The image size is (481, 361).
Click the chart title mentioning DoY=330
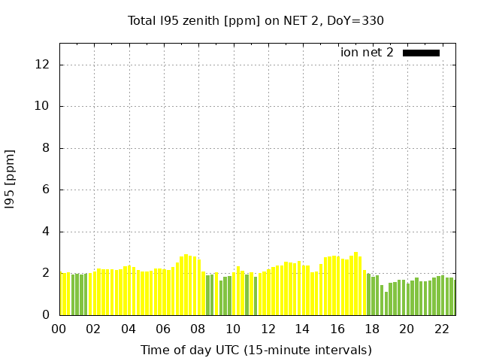pyautogui.click(x=256, y=20)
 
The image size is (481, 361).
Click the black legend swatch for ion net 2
pyautogui.click(x=421, y=53)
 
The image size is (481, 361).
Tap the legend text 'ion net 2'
pyautogui.click(x=367, y=53)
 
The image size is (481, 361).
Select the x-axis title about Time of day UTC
pyautogui.click(x=256, y=350)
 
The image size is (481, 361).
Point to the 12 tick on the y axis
pyautogui.click(x=43, y=65)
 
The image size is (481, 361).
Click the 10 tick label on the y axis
pyautogui.click(x=43, y=106)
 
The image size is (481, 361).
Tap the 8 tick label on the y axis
pyautogui.click(x=46, y=148)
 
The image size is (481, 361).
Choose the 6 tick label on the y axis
pyautogui.click(x=46, y=190)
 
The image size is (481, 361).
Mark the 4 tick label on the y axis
pyautogui.click(x=46, y=232)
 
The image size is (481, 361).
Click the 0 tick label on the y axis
pyautogui.click(x=46, y=315)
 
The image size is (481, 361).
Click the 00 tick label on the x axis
pyautogui.click(x=59, y=329)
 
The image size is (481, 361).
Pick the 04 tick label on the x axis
pyautogui.click(x=129, y=329)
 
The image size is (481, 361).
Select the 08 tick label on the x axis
pyautogui.click(x=198, y=329)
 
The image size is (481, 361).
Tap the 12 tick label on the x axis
pyautogui.click(x=268, y=329)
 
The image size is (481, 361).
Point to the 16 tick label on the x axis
pyautogui.click(x=337, y=329)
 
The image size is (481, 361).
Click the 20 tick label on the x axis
pyautogui.click(x=407, y=329)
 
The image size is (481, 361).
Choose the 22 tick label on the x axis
pyautogui.click(x=441, y=329)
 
